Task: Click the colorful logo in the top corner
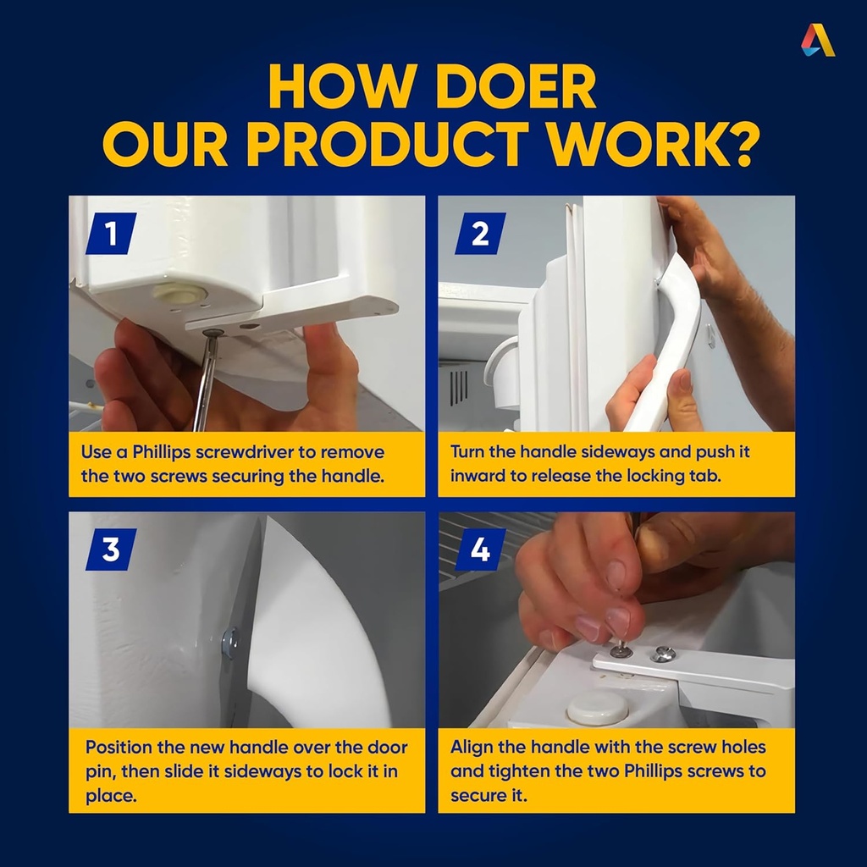pyautogui.click(x=818, y=40)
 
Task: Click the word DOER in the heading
pyautogui.click(x=516, y=87)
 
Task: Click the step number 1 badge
pyautogui.click(x=111, y=234)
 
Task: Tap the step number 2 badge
pyautogui.click(x=480, y=234)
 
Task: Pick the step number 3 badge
pyautogui.click(x=111, y=549)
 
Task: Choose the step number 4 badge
pyautogui.click(x=480, y=549)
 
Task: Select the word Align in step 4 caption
pyautogui.click(x=472, y=748)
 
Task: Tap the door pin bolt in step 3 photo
pyautogui.click(x=229, y=643)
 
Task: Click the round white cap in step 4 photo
pyautogui.click(x=598, y=708)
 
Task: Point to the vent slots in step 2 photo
pyautogui.click(x=458, y=386)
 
